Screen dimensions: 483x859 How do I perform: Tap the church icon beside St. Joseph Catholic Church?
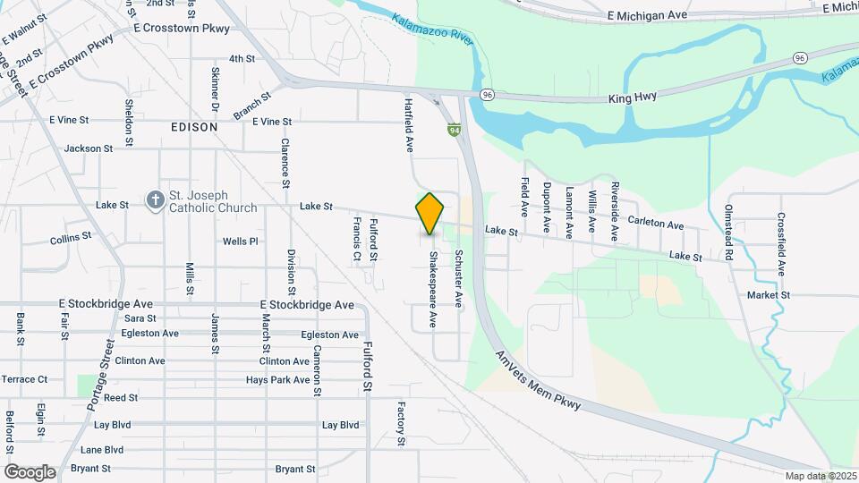click(x=155, y=201)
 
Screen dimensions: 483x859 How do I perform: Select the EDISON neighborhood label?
click(x=194, y=127)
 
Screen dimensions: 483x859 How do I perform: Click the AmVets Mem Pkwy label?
click(x=538, y=380)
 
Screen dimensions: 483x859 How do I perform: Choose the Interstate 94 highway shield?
click(x=455, y=131)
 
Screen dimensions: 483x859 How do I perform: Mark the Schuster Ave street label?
click(x=458, y=279)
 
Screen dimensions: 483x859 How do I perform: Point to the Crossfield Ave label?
click(x=781, y=244)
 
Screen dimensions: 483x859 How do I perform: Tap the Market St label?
click(x=769, y=294)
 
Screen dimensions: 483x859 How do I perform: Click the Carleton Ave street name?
click(x=655, y=222)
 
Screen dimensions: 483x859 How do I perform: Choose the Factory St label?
click(x=402, y=424)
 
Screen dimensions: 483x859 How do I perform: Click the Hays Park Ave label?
click(x=277, y=380)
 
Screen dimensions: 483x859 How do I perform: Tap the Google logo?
click(x=30, y=471)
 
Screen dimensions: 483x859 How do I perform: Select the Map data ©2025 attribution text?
click(x=821, y=476)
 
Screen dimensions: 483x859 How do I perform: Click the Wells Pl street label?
click(x=240, y=241)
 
